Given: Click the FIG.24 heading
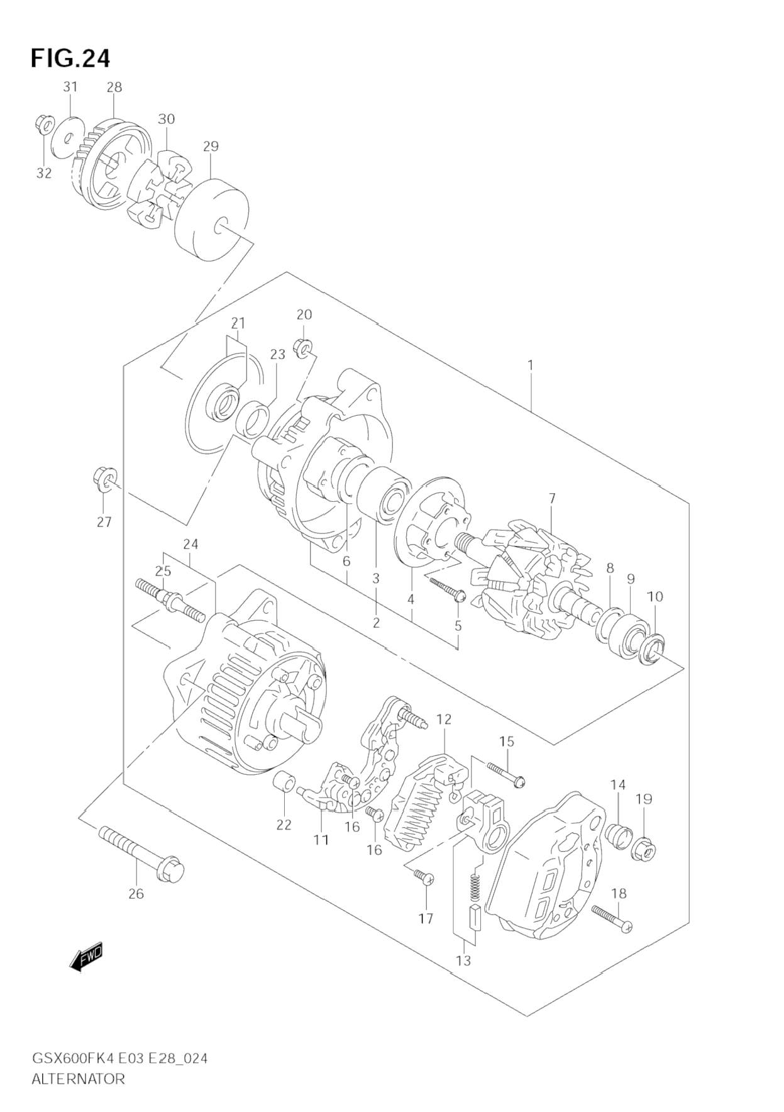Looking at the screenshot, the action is (x=70, y=58).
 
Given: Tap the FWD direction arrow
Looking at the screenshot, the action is (x=86, y=959).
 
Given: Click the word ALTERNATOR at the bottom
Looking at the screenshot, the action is (x=78, y=1079).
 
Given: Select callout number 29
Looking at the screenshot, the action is (x=211, y=147).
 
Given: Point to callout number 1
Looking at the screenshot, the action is (x=531, y=365).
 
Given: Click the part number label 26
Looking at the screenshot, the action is (x=136, y=893).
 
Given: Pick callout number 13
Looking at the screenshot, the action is (x=464, y=961).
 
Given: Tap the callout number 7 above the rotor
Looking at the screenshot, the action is (x=551, y=499).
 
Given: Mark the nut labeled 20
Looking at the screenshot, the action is (x=302, y=347).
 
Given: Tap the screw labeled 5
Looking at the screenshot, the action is (x=448, y=589).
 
